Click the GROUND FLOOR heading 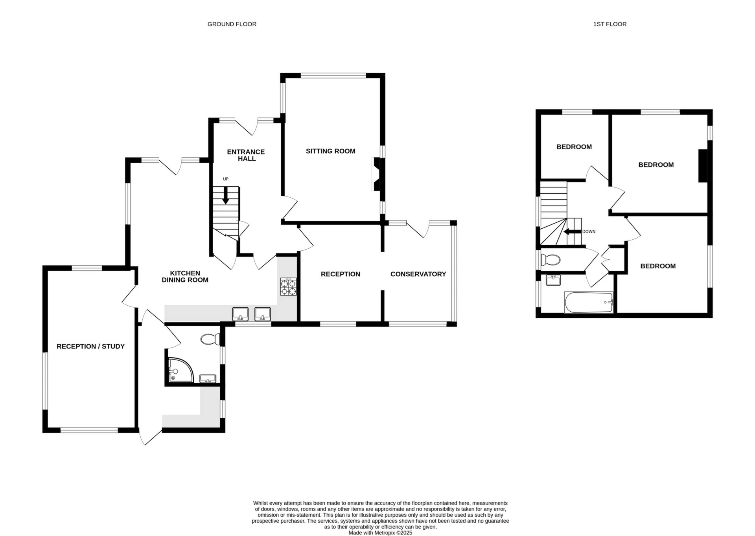[232, 24]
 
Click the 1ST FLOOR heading [610, 24]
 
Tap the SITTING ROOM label [330, 151]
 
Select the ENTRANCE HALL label [246, 155]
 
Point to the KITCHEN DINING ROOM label [185, 276]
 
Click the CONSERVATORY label [418, 274]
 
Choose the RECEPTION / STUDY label [90, 346]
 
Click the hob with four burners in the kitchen [288, 286]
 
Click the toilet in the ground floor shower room [211, 339]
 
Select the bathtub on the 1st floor [588, 303]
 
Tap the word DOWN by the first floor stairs [589, 231]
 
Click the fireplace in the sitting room [377, 174]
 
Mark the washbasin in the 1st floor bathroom [553, 280]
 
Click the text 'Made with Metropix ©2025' [380, 533]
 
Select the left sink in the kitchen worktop [240, 314]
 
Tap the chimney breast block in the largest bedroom [703, 166]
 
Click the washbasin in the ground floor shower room [208, 379]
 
